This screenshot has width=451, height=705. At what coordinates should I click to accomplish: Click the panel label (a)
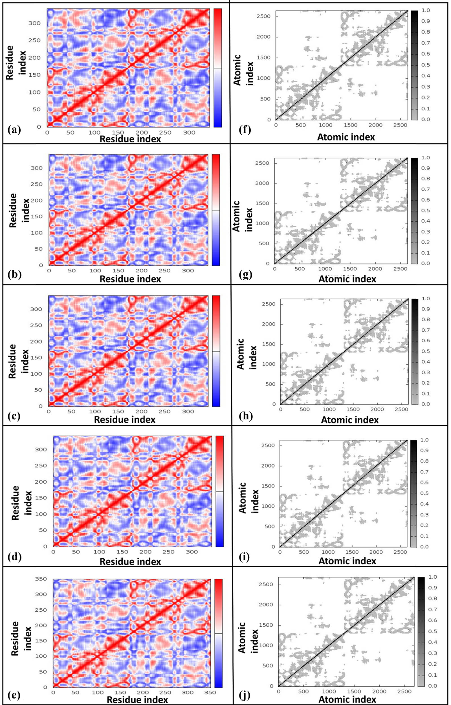pos(14,129)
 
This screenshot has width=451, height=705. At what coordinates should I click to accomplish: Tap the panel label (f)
pos(245,129)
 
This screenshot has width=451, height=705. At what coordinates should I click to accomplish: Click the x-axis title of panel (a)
pos(130,139)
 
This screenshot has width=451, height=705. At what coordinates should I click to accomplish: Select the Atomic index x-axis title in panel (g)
pos(347,279)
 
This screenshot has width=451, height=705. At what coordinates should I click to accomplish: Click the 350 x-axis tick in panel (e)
pos(210,692)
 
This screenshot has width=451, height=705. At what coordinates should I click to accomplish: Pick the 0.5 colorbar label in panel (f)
pos(426,65)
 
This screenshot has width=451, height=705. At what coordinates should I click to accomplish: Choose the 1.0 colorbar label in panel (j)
pos(433,577)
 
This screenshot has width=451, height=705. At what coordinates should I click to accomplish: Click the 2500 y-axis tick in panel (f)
pos(263,16)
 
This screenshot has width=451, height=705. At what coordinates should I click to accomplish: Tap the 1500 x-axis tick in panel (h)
pos(353,409)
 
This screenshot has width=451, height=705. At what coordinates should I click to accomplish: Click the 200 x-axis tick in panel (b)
pos(142,270)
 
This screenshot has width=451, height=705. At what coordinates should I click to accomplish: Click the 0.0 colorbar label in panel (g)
pos(425,263)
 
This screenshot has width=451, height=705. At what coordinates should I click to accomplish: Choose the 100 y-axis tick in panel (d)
pos(41,514)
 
